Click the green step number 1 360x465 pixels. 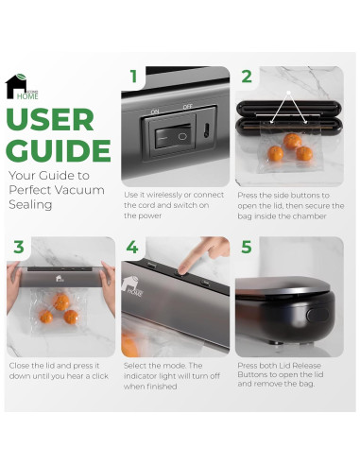(134, 77)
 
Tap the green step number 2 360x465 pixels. (247, 77)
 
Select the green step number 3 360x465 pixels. (19, 247)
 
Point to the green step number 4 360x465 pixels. (132, 247)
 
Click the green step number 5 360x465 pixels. (247, 247)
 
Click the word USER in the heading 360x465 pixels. (50, 120)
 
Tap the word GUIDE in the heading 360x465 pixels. (59, 150)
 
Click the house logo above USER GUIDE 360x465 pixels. (22, 87)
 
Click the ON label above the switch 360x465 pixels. (155, 112)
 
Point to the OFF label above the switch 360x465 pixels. (188, 107)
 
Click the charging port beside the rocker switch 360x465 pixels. (206, 130)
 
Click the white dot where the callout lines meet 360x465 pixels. (288, 93)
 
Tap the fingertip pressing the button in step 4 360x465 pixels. (181, 269)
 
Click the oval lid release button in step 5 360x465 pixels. (317, 315)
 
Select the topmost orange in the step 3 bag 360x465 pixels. (61, 301)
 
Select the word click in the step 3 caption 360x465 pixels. (100, 376)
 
